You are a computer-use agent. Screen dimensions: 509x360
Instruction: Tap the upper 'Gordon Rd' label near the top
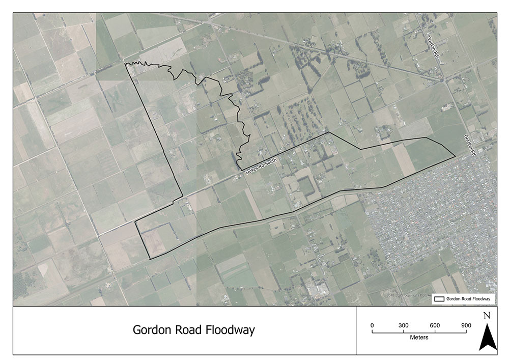pos(432,47)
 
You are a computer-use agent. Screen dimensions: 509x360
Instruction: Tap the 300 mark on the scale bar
pos(403,325)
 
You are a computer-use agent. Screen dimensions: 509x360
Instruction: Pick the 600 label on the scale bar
pos(435,325)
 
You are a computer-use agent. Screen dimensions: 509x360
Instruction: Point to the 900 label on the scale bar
pos(466,325)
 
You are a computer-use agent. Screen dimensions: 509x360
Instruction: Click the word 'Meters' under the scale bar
pos(419,337)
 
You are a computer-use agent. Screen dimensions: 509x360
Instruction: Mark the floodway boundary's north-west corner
pos(126,64)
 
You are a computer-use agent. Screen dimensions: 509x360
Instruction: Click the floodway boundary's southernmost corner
pos(150,259)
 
